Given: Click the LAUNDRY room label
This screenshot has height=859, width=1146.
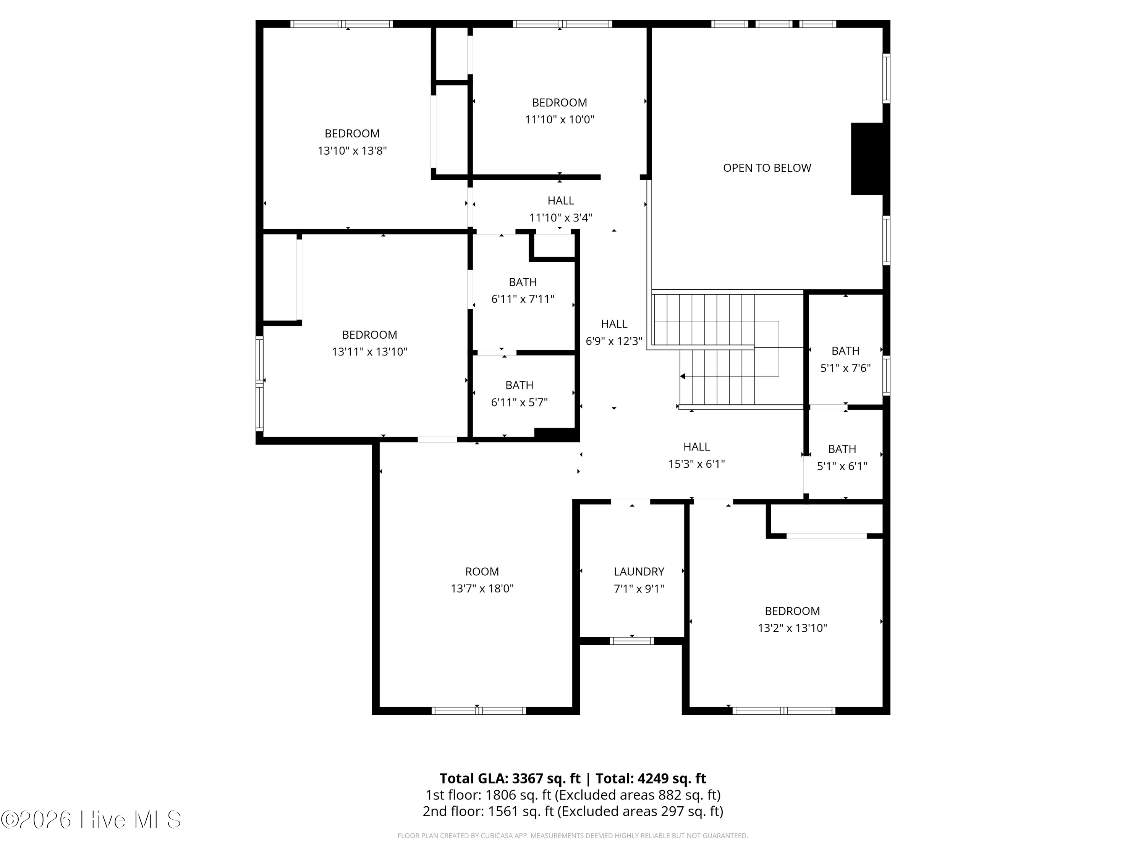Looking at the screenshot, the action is click(639, 572).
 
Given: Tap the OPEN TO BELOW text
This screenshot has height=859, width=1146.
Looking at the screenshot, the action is click(767, 168).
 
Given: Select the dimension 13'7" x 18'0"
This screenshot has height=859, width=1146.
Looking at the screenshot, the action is click(482, 589).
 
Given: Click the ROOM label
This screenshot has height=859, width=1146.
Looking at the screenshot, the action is click(482, 572).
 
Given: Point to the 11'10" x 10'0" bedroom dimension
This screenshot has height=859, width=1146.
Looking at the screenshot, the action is click(560, 119).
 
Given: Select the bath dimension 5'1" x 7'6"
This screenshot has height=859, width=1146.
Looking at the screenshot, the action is click(845, 368).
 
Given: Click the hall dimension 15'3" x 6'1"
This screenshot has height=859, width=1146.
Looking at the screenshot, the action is click(696, 464).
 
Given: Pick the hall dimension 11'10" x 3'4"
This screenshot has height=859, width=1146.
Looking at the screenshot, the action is click(560, 218).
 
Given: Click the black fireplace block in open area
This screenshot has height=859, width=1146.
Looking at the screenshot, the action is click(867, 158).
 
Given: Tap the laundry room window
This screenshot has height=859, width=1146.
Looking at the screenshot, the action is click(631, 641).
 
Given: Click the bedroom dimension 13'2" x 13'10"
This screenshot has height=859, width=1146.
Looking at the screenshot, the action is click(792, 628).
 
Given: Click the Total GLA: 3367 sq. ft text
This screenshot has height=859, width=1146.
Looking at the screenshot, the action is click(510, 778).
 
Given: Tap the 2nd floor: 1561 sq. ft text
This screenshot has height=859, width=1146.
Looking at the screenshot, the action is click(489, 811).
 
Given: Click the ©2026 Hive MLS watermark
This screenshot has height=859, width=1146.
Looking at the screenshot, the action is click(91, 819).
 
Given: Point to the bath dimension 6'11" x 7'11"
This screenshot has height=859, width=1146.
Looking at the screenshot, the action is click(523, 299).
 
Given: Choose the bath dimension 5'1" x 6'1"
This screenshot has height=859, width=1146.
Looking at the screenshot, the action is click(842, 466).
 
